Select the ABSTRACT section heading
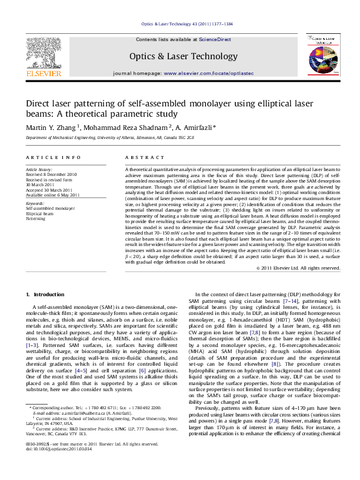[x=140, y=157]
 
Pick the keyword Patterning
[x=36, y=218]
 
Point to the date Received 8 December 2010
[x=51, y=174]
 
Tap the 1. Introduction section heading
[x=45, y=294]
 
